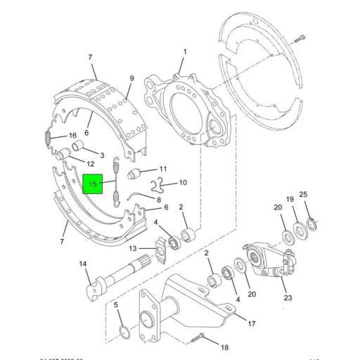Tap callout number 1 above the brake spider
click(185, 52)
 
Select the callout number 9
click(131, 78)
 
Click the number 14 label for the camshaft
click(84, 264)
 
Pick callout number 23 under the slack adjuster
click(288, 297)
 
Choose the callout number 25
click(303, 195)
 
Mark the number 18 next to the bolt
click(225, 347)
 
